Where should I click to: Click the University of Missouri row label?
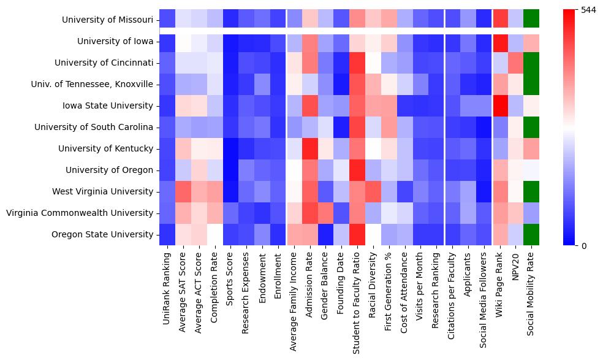point(107,20)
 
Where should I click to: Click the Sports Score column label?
point(231,275)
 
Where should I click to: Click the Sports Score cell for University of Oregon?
point(230,170)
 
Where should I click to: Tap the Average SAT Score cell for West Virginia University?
point(183,191)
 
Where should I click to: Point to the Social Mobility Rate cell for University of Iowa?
point(531,41)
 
